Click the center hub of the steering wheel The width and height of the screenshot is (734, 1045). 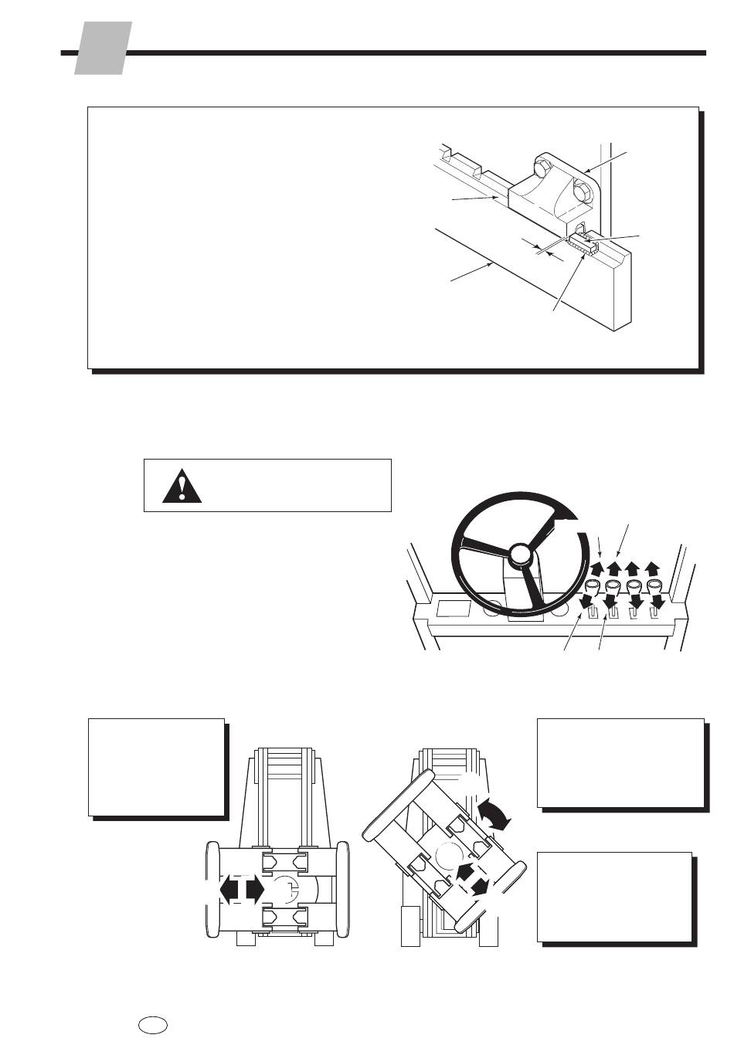click(x=520, y=554)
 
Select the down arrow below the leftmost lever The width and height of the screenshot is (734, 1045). click(x=589, y=600)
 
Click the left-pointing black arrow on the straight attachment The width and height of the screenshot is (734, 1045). click(x=229, y=889)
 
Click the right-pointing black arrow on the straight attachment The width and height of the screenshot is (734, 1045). click(x=256, y=889)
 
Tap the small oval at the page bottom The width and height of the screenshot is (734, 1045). click(x=154, y=1024)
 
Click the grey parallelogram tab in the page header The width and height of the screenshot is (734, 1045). click(x=103, y=48)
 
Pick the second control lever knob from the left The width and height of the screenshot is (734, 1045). click(x=613, y=585)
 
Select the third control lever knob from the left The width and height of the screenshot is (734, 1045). click(x=634, y=585)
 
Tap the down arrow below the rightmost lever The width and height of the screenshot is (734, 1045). click(x=658, y=600)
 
